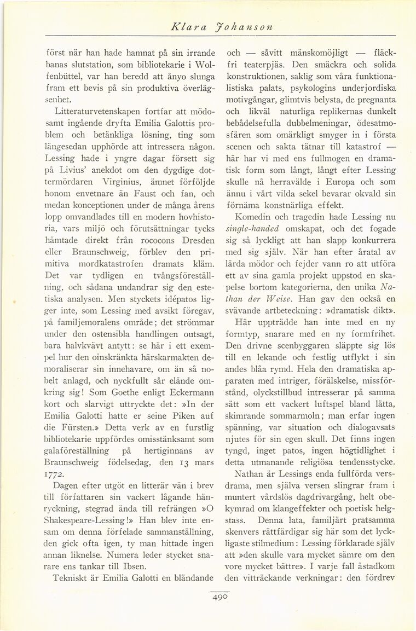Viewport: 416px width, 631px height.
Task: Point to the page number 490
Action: (x=219, y=599)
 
